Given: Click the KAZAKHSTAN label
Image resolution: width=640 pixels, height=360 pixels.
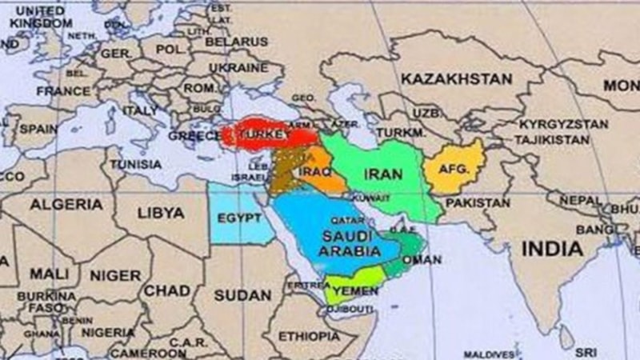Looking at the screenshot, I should [x=456, y=79].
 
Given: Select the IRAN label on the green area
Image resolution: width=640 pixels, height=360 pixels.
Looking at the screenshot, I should [x=382, y=174].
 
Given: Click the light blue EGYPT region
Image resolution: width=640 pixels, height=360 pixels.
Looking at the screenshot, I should [x=238, y=218].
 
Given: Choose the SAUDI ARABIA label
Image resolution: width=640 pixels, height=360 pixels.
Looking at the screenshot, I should [x=349, y=244].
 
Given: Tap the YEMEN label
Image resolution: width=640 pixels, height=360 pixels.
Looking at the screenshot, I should [x=355, y=291].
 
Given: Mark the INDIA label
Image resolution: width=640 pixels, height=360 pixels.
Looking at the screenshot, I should [x=552, y=249].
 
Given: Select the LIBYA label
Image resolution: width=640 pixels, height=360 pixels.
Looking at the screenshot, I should [x=161, y=214].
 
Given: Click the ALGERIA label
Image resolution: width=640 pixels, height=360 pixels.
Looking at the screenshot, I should [x=66, y=205].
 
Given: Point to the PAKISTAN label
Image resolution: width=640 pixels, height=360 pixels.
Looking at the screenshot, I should [x=478, y=203].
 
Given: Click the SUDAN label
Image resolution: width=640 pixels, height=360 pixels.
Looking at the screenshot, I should [x=243, y=295].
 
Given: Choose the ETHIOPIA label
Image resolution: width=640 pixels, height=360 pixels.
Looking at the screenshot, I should [x=308, y=337].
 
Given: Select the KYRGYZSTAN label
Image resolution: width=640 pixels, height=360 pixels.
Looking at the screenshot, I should [x=563, y=125].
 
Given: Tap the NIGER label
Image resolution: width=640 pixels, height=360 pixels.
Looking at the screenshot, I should [x=114, y=275].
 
